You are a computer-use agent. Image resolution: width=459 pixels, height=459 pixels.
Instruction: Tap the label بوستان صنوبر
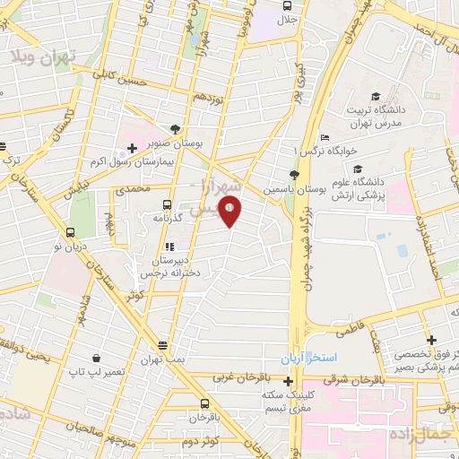[199, 143]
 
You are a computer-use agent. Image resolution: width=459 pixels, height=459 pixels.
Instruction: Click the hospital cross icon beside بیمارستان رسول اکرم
[132, 146]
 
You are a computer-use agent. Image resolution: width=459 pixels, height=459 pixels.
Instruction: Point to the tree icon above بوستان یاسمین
[295, 176]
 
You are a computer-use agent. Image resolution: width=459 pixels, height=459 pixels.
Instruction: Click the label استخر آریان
[313, 357]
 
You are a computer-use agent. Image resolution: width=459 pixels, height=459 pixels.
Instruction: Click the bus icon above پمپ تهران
[162, 345]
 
